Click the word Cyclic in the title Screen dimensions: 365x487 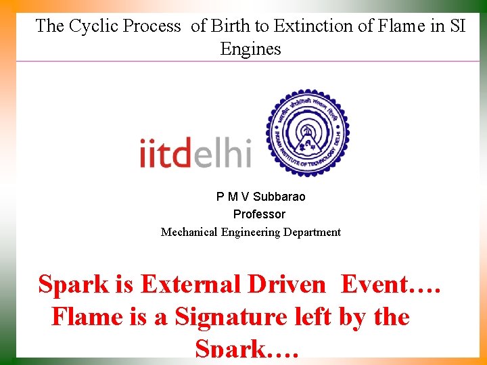[89, 26]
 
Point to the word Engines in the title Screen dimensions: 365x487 [250, 49]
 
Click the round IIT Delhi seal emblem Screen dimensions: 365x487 [306, 132]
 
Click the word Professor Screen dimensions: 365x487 [259, 214]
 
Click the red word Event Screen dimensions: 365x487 [382, 285]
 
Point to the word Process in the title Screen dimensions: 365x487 [150, 26]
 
